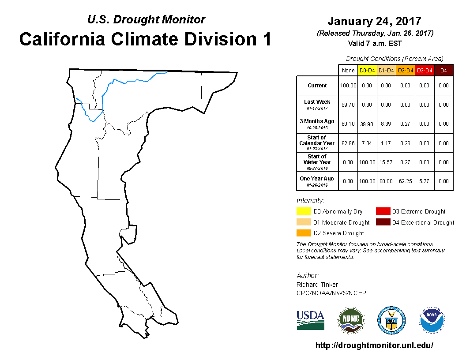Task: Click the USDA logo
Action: pos(310,320)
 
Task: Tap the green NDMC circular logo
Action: pos(351,320)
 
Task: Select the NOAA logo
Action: pos(432,320)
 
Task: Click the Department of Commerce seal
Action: pos(391,320)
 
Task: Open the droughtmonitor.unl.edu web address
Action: pos(374,345)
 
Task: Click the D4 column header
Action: pos(443,71)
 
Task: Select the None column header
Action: pos(348,71)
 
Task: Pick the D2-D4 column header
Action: pos(406,71)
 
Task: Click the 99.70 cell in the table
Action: pos(348,105)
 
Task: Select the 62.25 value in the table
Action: pos(406,181)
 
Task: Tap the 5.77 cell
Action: pos(425,181)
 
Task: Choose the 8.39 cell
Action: pos(386,124)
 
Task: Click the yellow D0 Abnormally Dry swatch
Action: pos(304,211)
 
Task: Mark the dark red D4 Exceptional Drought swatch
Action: pos(383,222)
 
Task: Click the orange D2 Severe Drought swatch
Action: pos(304,233)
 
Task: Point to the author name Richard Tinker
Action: pos(317,285)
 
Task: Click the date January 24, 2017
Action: pos(375,21)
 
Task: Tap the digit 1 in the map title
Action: pos(267,39)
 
